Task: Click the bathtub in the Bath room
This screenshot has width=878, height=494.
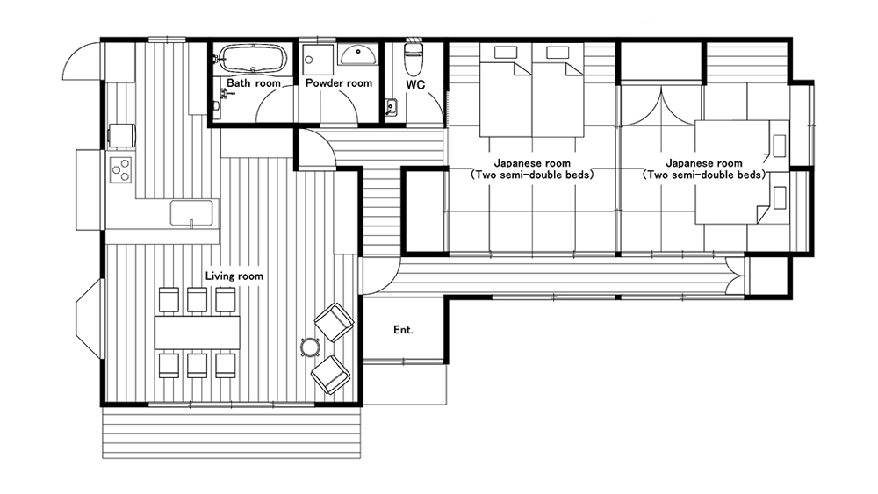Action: click(x=253, y=58)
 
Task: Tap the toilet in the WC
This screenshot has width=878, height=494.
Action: click(x=414, y=58)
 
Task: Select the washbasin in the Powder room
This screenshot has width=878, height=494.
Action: click(x=358, y=54)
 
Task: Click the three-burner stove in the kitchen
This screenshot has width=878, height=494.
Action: click(x=121, y=169)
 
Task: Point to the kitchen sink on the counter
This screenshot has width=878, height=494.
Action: click(x=191, y=213)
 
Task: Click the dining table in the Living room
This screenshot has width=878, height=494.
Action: click(x=197, y=333)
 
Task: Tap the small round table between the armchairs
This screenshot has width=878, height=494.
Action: click(x=310, y=347)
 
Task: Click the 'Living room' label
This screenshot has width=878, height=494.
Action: click(x=234, y=276)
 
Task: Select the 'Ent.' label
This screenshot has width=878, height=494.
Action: click(x=403, y=330)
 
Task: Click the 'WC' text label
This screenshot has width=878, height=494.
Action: click(x=415, y=85)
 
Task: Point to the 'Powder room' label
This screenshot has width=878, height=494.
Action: click(x=339, y=83)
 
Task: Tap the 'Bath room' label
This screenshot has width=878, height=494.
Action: click(x=253, y=83)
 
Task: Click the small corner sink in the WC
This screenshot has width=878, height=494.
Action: click(x=391, y=107)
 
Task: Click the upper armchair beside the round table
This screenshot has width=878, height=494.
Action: click(x=335, y=322)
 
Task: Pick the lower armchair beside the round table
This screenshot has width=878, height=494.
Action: click(x=331, y=375)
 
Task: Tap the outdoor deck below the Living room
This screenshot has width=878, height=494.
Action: click(x=231, y=432)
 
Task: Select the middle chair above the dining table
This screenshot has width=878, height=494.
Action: click(x=197, y=299)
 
